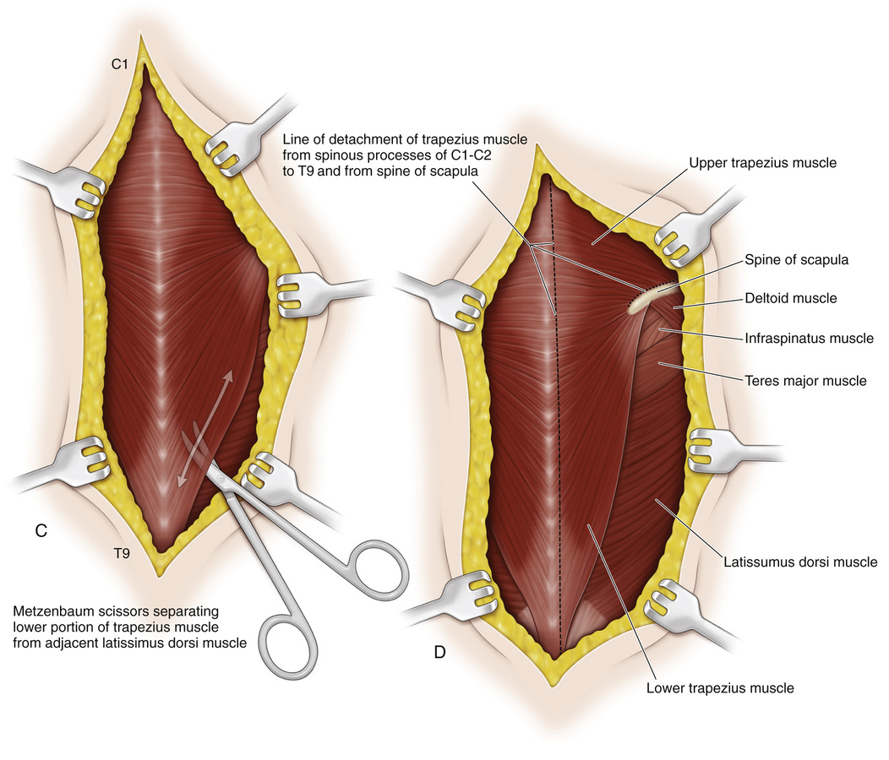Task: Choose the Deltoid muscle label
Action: click(x=790, y=297)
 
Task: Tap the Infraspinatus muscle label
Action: click(x=808, y=339)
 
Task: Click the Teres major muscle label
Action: click(x=804, y=381)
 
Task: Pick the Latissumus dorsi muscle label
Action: click(x=800, y=562)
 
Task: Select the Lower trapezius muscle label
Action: click(x=720, y=687)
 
